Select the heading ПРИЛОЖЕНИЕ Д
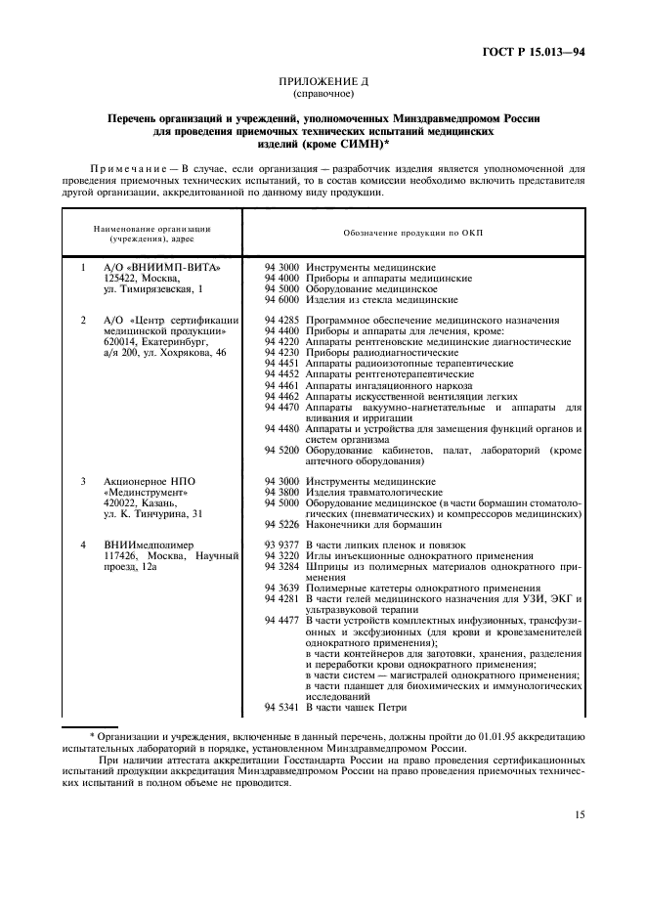click(323, 85)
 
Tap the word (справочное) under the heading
click(323, 96)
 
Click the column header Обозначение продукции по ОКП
click(413, 235)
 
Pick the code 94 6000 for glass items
click(283, 301)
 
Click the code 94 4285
click(283, 320)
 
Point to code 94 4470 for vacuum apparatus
click(283, 407)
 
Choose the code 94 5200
click(283, 451)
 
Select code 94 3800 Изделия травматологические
click(283, 493)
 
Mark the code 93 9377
click(283, 545)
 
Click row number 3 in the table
click(84, 482)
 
